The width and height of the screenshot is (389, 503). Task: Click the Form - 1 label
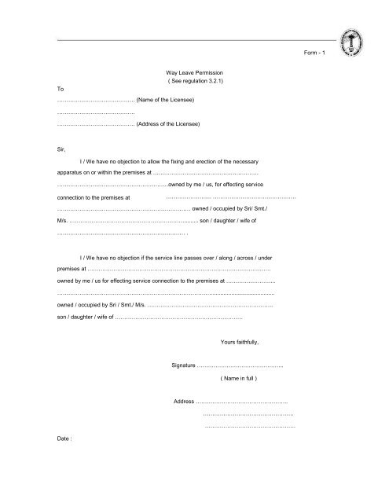coord(319,52)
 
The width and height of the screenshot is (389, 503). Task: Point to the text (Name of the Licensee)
coord(165,101)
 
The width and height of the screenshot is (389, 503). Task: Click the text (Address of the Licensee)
coord(168,123)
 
